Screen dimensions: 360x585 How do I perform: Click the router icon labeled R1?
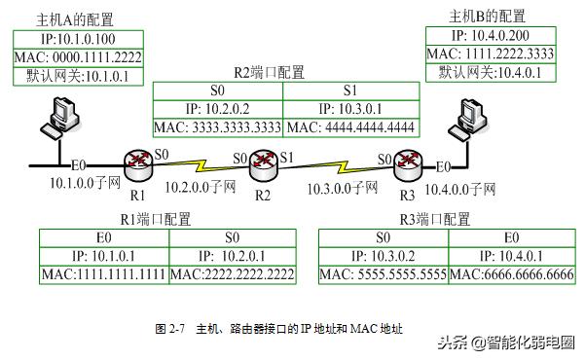point(135,162)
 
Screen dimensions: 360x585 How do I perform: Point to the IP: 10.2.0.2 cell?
point(218,109)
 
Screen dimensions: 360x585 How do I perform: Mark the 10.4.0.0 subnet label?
point(463,185)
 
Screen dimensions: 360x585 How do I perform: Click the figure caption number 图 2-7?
point(170,329)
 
